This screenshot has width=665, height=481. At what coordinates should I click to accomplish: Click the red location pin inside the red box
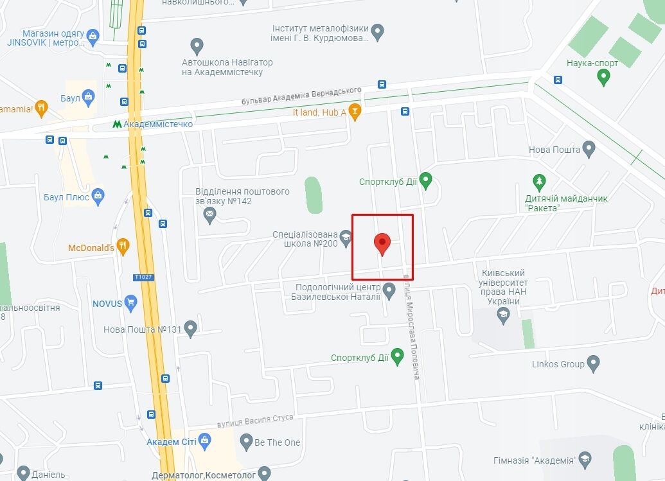382,243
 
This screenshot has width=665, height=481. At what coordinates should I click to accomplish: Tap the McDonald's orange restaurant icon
123,247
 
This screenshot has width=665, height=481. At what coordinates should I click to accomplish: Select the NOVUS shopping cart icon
131,302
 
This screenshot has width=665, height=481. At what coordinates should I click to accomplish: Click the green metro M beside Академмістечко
116,124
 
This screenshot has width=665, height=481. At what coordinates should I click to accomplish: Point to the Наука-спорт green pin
603,77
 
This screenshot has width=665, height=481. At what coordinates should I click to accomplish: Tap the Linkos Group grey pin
593,364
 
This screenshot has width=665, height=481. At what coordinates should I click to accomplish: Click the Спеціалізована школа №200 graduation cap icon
346,240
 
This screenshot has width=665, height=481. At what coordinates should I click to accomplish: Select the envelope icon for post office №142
209,214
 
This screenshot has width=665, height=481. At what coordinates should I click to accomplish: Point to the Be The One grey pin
246,442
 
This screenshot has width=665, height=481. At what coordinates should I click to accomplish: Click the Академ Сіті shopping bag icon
205,441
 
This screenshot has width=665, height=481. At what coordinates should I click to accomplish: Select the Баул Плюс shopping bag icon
98,197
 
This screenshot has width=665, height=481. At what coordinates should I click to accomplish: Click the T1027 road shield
143,277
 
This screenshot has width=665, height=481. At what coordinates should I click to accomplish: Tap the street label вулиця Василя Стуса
255,421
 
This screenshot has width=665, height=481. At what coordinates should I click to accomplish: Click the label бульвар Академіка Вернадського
301,96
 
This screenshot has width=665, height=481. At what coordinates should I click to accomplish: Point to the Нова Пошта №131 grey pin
190,329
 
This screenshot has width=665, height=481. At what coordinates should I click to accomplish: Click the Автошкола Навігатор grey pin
197,46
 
